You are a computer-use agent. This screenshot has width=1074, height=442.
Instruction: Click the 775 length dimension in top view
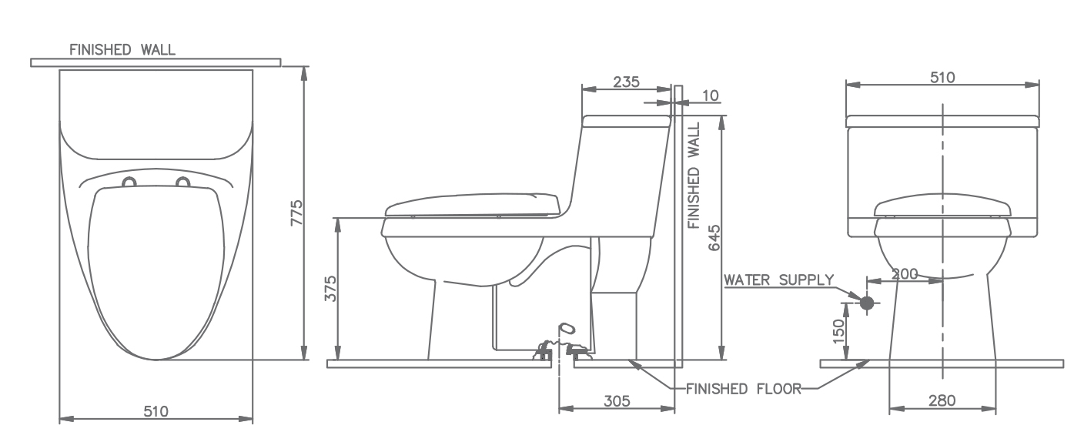(x=297, y=213)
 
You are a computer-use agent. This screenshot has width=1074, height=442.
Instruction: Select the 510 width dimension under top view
(x=156, y=411)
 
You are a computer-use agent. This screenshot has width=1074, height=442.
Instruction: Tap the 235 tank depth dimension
(x=627, y=82)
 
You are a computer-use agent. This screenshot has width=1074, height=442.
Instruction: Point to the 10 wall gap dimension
(x=711, y=96)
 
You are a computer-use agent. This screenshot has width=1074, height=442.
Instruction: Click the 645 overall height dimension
(x=714, y=238)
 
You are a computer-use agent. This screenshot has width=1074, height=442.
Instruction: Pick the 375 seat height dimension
(x=331, y=288)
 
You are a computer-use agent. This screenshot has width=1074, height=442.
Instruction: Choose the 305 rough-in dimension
(x=617, y=400)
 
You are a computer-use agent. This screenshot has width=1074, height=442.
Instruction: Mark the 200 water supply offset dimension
(x=905, y=273)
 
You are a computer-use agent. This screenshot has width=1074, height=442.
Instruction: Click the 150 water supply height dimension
(x=838, y=331)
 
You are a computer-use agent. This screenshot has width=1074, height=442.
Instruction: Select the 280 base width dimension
(x=942, y=400)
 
